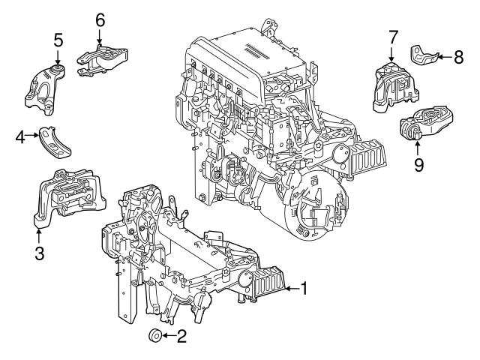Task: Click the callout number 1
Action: [306, 286]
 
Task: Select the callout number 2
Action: [181, 336]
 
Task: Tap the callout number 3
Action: [39, 253]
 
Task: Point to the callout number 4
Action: [21, 136]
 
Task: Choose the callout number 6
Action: [99, 19]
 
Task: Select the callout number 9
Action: [418, 163]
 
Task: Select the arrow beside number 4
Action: [34, 136]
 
